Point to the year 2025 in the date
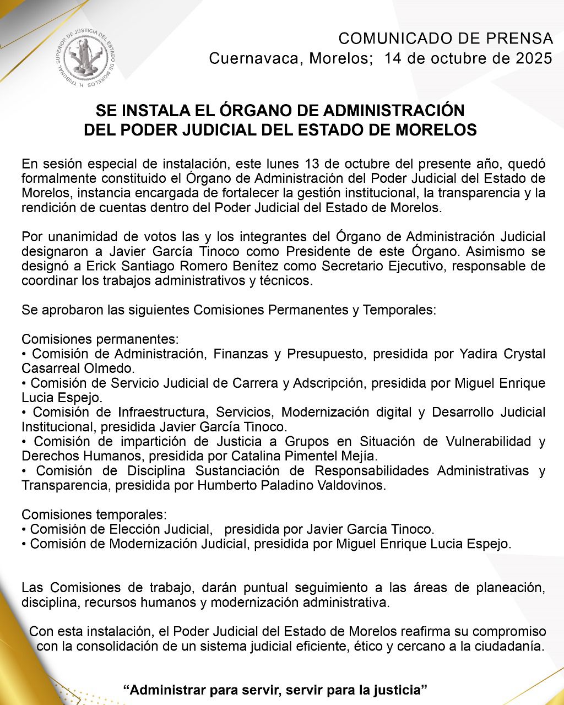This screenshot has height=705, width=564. click(534, 58)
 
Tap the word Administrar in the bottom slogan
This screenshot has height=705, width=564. click(164, 690)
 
